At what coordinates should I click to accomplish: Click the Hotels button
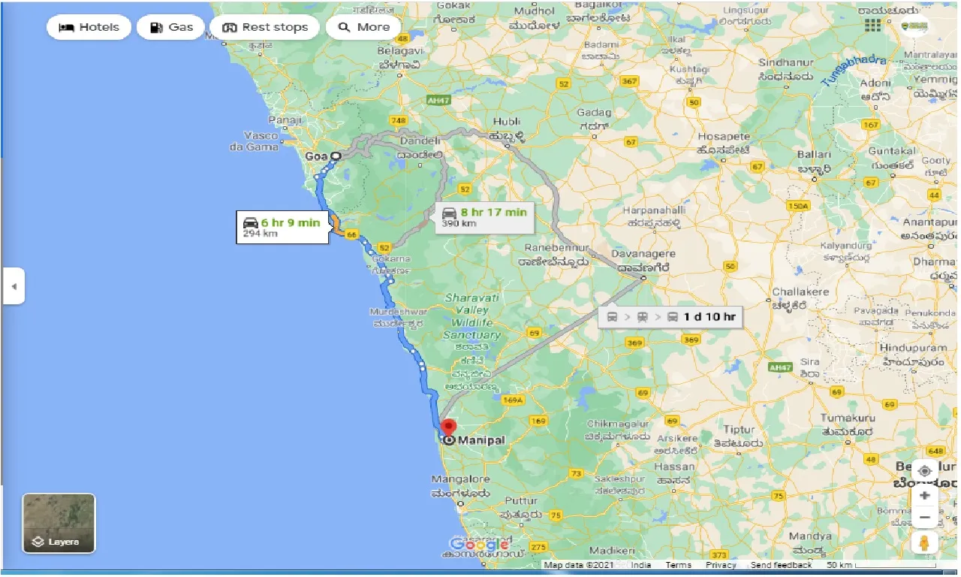(x=89, y=28)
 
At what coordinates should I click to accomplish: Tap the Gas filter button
(x=171, y=28)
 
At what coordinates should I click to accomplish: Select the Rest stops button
(x=265, y=28)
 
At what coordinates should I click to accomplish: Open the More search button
(x=363, y=28)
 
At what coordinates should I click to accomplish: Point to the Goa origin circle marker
(x=336, y=156)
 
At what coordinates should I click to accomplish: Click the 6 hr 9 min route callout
(x=282, y=227)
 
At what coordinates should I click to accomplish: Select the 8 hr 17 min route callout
(x=484, y=216)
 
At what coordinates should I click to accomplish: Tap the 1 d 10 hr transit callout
(x=670, y=316)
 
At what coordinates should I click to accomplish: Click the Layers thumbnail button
(x=59, y=523)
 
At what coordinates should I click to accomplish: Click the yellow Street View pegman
(x=924, y=542)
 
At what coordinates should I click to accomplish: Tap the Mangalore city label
(x=460, y=479)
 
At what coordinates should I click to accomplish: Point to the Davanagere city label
(x=642, y=255)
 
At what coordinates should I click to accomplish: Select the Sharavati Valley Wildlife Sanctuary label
(x=471, y=316)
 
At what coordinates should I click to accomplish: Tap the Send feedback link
(x=781, y=565)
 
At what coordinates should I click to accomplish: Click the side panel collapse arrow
(x=14, y=286)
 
